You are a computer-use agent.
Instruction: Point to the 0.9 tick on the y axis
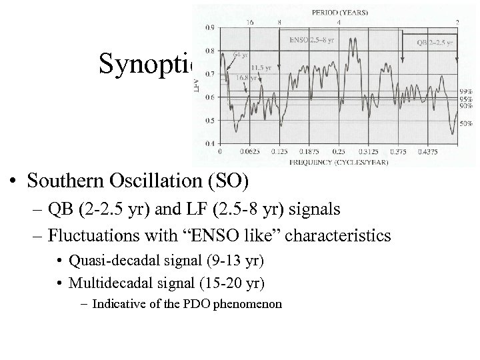[x=210, y=27]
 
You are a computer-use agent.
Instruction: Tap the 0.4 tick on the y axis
[x=210, y=143]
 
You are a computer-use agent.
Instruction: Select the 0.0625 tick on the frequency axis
[x=249, y=152]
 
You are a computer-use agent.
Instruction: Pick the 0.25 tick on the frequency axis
[x=339, y=152]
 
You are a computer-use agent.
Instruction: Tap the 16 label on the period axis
[x=249, y=22]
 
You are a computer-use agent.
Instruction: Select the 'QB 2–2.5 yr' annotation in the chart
[x=434, y=41]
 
